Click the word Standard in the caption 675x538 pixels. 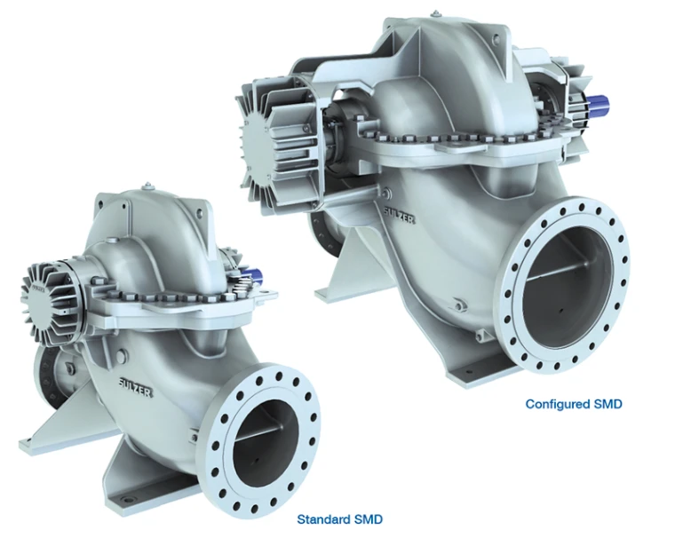pos(323,519)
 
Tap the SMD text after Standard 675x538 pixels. pos(368,519)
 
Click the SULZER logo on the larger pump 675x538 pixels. pos(400,215)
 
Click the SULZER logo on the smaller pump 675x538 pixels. pos(135,387)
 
